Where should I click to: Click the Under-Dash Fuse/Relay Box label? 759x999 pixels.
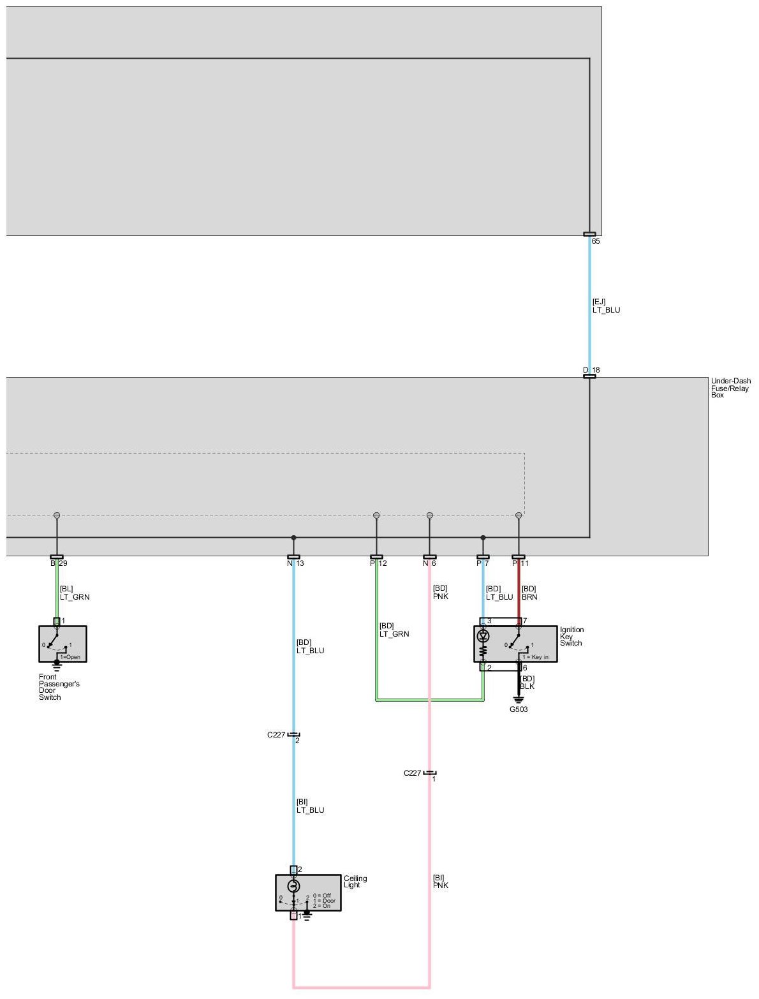click(x=730, y=388)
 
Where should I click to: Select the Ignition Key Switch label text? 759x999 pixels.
click(x=571, y=637)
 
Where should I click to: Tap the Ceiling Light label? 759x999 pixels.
click(x=355, y=882)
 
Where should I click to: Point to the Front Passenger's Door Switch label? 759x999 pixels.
click(x=59, y=687)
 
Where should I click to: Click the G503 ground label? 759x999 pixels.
click(x=519, y=709)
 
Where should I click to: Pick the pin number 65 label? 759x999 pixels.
click(x=596, y=242)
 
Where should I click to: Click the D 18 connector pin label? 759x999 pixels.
click(x=591, y=370)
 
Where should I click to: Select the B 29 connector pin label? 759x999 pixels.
click(x=59, y=563)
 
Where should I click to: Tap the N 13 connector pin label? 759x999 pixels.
click(x=295, y=563)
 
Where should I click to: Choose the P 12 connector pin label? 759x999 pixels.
click(x=378, y=563)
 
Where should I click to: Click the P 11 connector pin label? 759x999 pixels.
click(x=520, y=563)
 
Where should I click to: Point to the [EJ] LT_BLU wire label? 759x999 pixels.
click(x=606, y=306)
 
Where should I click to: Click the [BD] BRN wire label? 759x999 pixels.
click(x=529, y=593)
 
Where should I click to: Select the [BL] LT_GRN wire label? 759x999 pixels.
click(x=75, y=593)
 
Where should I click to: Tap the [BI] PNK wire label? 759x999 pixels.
click(x=441, y=882)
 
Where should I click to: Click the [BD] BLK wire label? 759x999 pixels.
click(x=527, y=683)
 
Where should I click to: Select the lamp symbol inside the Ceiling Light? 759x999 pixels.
click(x=293, y=887)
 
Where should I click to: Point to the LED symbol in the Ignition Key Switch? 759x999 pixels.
click(x=483, y=636)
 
